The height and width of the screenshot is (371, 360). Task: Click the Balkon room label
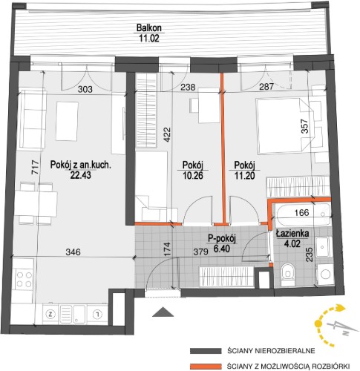[149, 27]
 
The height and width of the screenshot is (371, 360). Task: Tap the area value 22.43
[81, 175]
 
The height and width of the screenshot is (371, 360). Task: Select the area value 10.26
[193, 175]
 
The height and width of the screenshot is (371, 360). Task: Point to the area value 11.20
[244, 175]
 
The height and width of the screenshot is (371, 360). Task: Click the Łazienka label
[292, 233]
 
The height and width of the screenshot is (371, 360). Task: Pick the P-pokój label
[222, 238]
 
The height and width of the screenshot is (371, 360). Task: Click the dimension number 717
[36, 168]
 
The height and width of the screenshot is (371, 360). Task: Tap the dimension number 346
[73, 252]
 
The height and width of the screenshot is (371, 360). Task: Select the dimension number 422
[168, 134]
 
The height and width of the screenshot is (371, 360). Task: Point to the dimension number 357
[305, 127]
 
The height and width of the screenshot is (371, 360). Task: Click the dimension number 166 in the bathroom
[302, 212]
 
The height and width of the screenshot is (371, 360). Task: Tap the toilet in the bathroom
[288, 275]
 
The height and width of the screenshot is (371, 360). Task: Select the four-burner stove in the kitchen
[24, 279]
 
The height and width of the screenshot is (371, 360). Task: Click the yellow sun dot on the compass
[318, 324]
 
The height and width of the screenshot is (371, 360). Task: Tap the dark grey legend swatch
[206, 351]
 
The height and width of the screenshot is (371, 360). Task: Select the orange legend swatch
[206, 366]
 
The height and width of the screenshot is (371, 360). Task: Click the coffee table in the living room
[67, 121]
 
